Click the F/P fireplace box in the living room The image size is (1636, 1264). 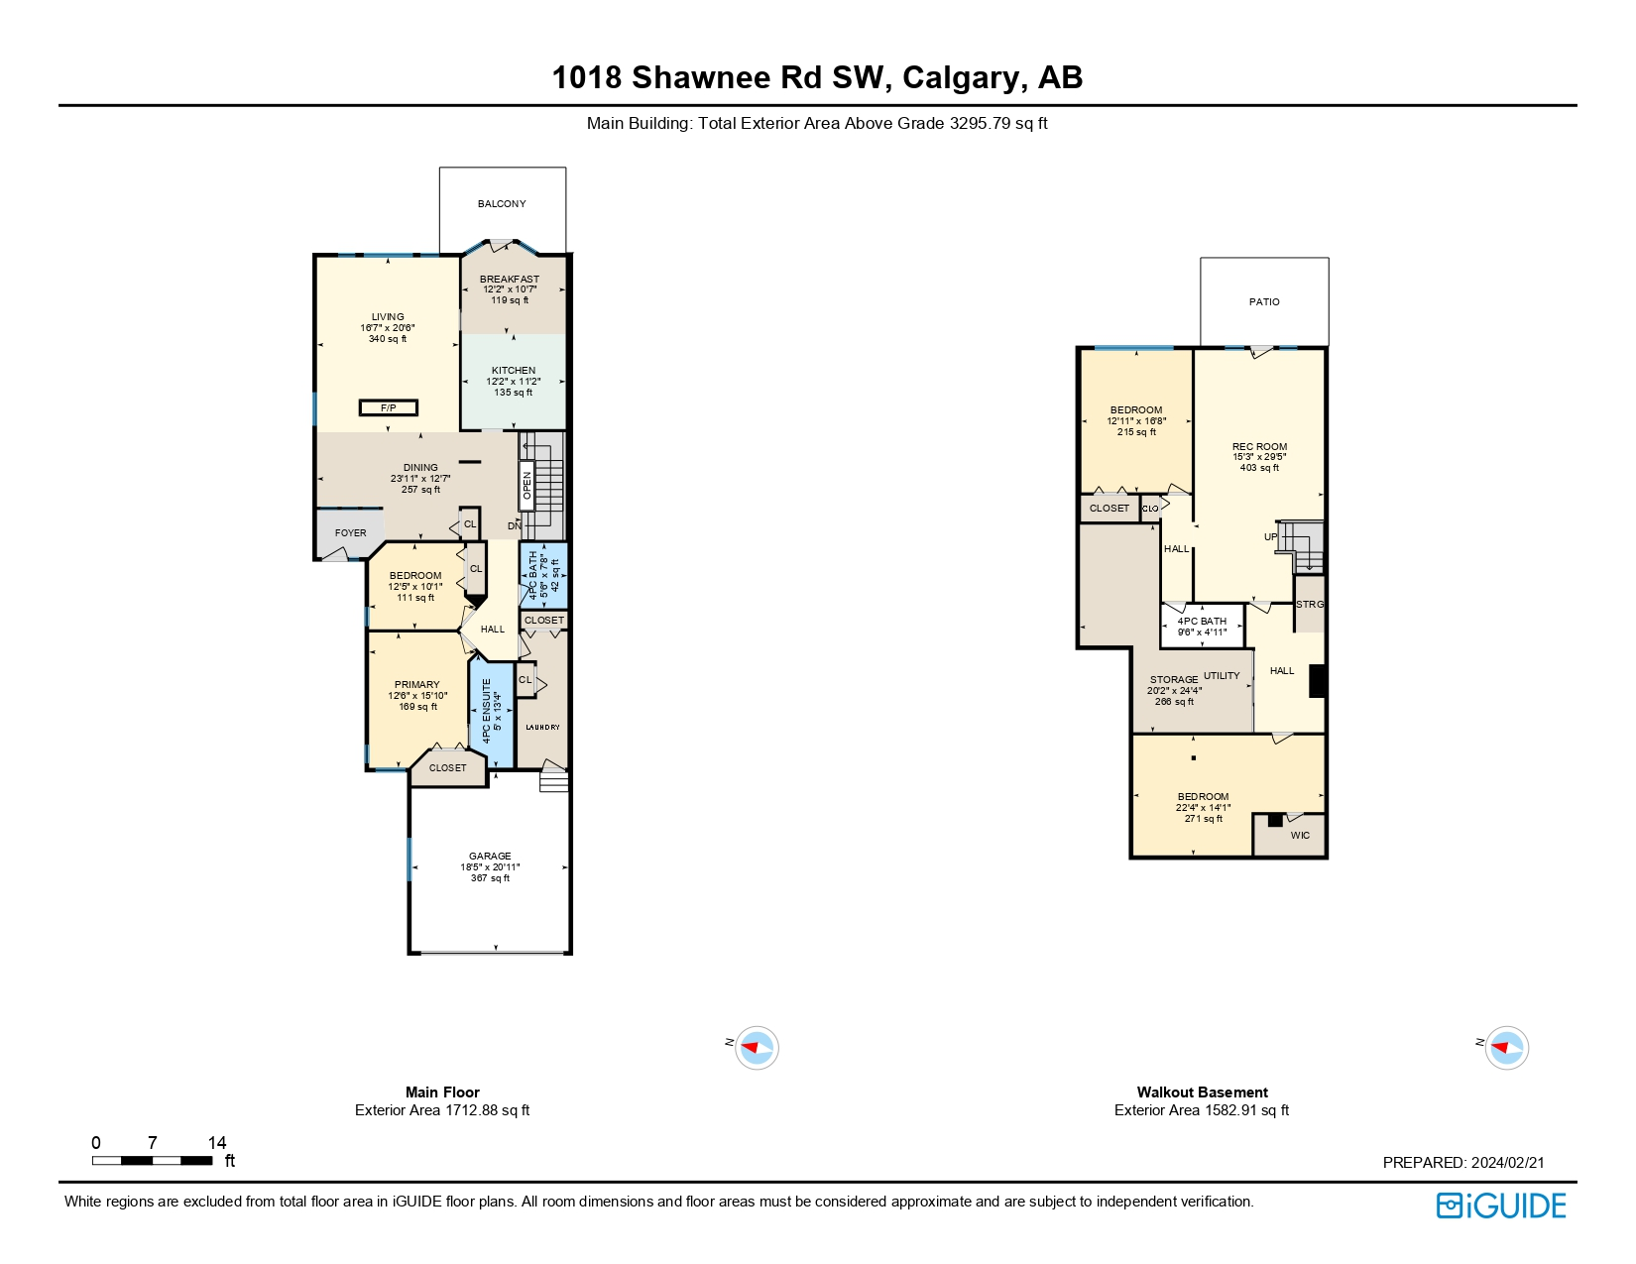388,407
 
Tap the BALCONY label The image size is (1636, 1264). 502,203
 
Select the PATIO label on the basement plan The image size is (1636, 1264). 1264,301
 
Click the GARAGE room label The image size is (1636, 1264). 490,856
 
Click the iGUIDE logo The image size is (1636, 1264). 1501,1206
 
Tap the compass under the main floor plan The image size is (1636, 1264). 757,1047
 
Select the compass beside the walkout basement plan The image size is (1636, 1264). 1506,1047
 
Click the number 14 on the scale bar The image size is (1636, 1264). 217,1142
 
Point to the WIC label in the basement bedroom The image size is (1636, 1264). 1300,835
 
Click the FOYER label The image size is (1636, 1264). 350,532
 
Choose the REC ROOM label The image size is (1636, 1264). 1259,446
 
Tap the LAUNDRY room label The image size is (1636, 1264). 542,727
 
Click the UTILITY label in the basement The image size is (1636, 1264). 1222,675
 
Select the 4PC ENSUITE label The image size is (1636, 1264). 487,711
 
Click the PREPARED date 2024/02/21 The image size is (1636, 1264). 1507,1162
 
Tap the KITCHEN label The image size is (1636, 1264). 513,370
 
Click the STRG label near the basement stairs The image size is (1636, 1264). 1309,604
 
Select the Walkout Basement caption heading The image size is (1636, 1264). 1202,1092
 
